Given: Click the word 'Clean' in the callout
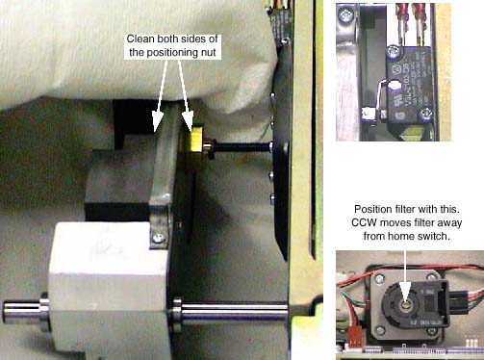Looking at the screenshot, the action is pos(140,39).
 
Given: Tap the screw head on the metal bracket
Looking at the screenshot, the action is pos(158,238).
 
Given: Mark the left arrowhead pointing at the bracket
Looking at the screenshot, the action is pos(158,122).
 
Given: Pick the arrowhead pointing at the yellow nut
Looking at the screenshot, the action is pos(188,121).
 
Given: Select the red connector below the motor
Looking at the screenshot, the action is pos(353,339).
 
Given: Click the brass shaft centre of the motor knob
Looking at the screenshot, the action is pos(406,302).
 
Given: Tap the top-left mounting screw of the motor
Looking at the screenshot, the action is pos(380,277).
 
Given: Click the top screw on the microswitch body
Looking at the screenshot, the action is pos(393,51).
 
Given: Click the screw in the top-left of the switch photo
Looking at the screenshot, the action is pos(345,14).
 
